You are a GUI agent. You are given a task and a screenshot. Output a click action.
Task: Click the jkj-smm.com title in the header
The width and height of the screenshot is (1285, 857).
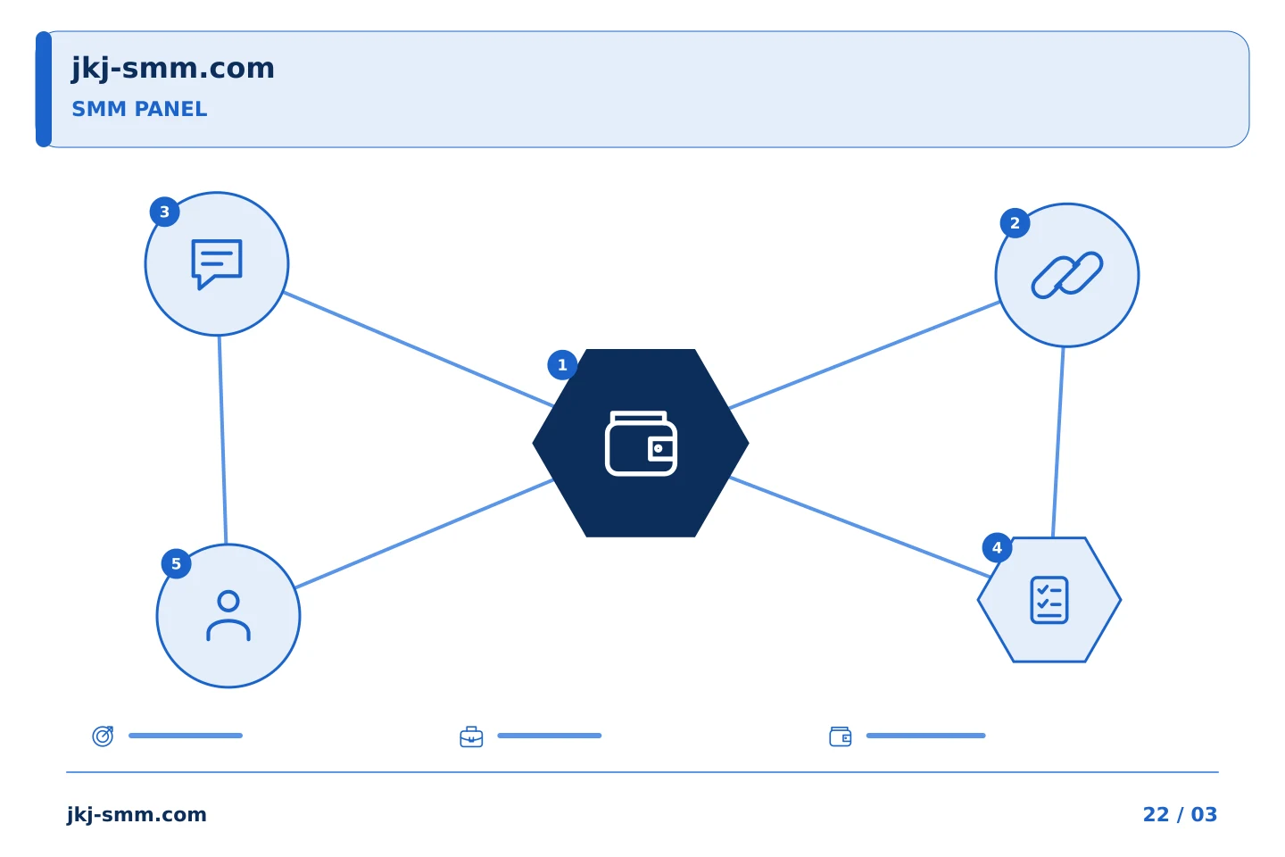[173, 69]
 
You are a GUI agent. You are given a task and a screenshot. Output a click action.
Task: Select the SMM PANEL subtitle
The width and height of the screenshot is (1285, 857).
[139, 109]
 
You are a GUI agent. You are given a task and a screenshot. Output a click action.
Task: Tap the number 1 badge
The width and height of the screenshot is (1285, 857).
[562, 365]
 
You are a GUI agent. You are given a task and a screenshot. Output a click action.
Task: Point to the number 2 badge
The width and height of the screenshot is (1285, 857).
[1015, 222]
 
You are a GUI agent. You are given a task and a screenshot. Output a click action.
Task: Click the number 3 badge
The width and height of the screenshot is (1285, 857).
[164, 212]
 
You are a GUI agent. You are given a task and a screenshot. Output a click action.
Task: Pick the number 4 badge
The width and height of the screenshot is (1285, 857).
[997, 547]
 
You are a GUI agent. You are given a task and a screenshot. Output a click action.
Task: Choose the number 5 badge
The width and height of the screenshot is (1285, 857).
[176, 563]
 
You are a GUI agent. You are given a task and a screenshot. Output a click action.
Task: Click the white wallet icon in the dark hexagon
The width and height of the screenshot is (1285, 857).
[641, 443]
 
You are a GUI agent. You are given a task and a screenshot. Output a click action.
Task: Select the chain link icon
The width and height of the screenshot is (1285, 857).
[1067, 275]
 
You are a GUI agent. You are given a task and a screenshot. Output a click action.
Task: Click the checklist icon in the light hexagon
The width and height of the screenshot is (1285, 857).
[1049, 600]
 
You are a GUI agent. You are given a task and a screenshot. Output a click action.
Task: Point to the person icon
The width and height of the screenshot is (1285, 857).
[228, 615]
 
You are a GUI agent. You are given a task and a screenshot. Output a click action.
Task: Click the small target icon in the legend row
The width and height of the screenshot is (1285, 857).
[104, 736]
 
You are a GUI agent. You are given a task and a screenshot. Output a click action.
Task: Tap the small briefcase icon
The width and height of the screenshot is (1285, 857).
[471, 736]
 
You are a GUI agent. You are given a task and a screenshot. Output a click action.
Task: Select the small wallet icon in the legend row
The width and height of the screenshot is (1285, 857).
[841, 736]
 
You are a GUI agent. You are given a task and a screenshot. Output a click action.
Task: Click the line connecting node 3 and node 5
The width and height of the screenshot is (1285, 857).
[222, 440]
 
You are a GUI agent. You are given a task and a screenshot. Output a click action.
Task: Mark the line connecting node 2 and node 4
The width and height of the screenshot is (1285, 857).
[1058, 442]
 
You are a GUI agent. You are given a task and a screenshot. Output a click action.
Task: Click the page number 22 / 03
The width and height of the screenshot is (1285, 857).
[1180, 814]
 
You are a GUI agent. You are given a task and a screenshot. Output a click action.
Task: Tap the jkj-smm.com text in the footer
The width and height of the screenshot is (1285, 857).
[137, 815]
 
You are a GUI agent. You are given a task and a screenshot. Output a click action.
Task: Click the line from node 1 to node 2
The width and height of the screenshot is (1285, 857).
[865, 354]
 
